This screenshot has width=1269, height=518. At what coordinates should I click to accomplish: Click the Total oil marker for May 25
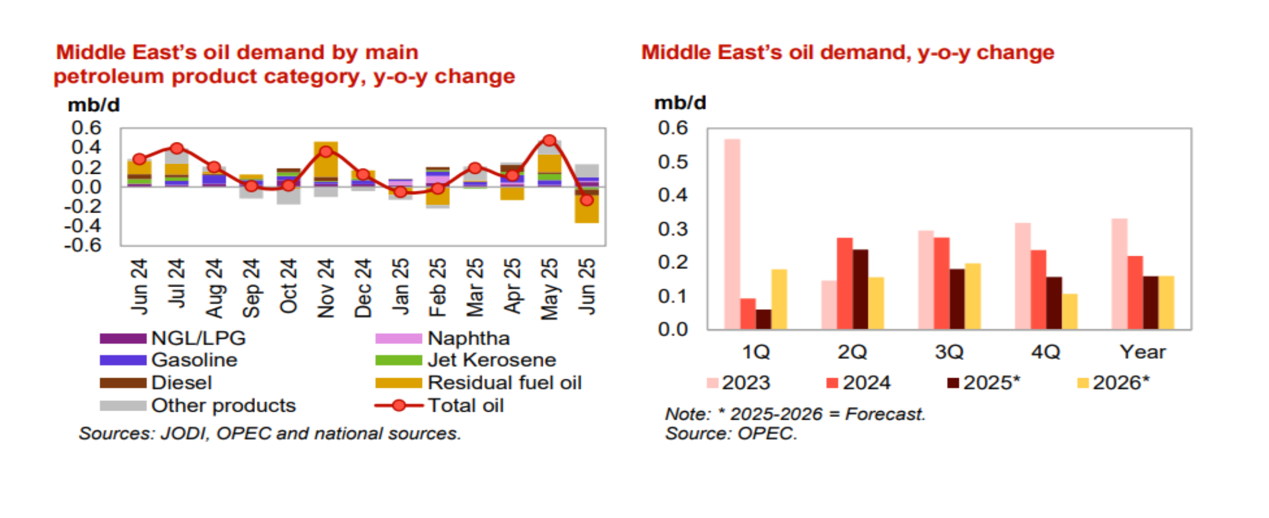click(549, 140)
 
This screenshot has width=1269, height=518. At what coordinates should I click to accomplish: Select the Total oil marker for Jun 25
click(586, 200)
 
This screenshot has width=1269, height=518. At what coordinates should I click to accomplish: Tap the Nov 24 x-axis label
click(326, 288)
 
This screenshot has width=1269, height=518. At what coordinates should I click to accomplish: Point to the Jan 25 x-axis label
click(400, 287)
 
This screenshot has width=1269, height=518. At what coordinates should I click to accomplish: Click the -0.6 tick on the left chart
click(83, 246)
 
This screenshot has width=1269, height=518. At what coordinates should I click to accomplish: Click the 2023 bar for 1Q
click(732, 234)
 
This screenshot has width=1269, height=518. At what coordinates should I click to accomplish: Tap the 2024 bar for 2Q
click(844, 283)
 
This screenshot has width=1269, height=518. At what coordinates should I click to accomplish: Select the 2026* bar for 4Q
click(1070, 311)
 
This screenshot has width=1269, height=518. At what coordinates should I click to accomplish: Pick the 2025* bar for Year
click(1150, 303)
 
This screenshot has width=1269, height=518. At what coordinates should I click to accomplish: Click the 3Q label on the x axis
click(949, 352)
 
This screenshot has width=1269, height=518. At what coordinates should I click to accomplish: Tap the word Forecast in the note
click(885, 414)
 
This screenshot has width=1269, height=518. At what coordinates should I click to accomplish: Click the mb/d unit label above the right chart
click(680, 103)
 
